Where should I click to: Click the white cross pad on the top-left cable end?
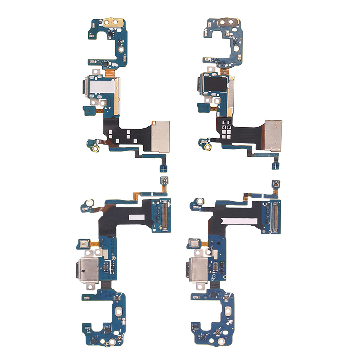pos(163,168)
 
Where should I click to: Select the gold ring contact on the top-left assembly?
pos(96,147)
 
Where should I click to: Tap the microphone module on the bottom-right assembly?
pos(195,243)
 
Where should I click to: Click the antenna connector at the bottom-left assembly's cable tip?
pos(164,181)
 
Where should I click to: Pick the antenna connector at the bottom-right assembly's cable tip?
pos(274,184)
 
